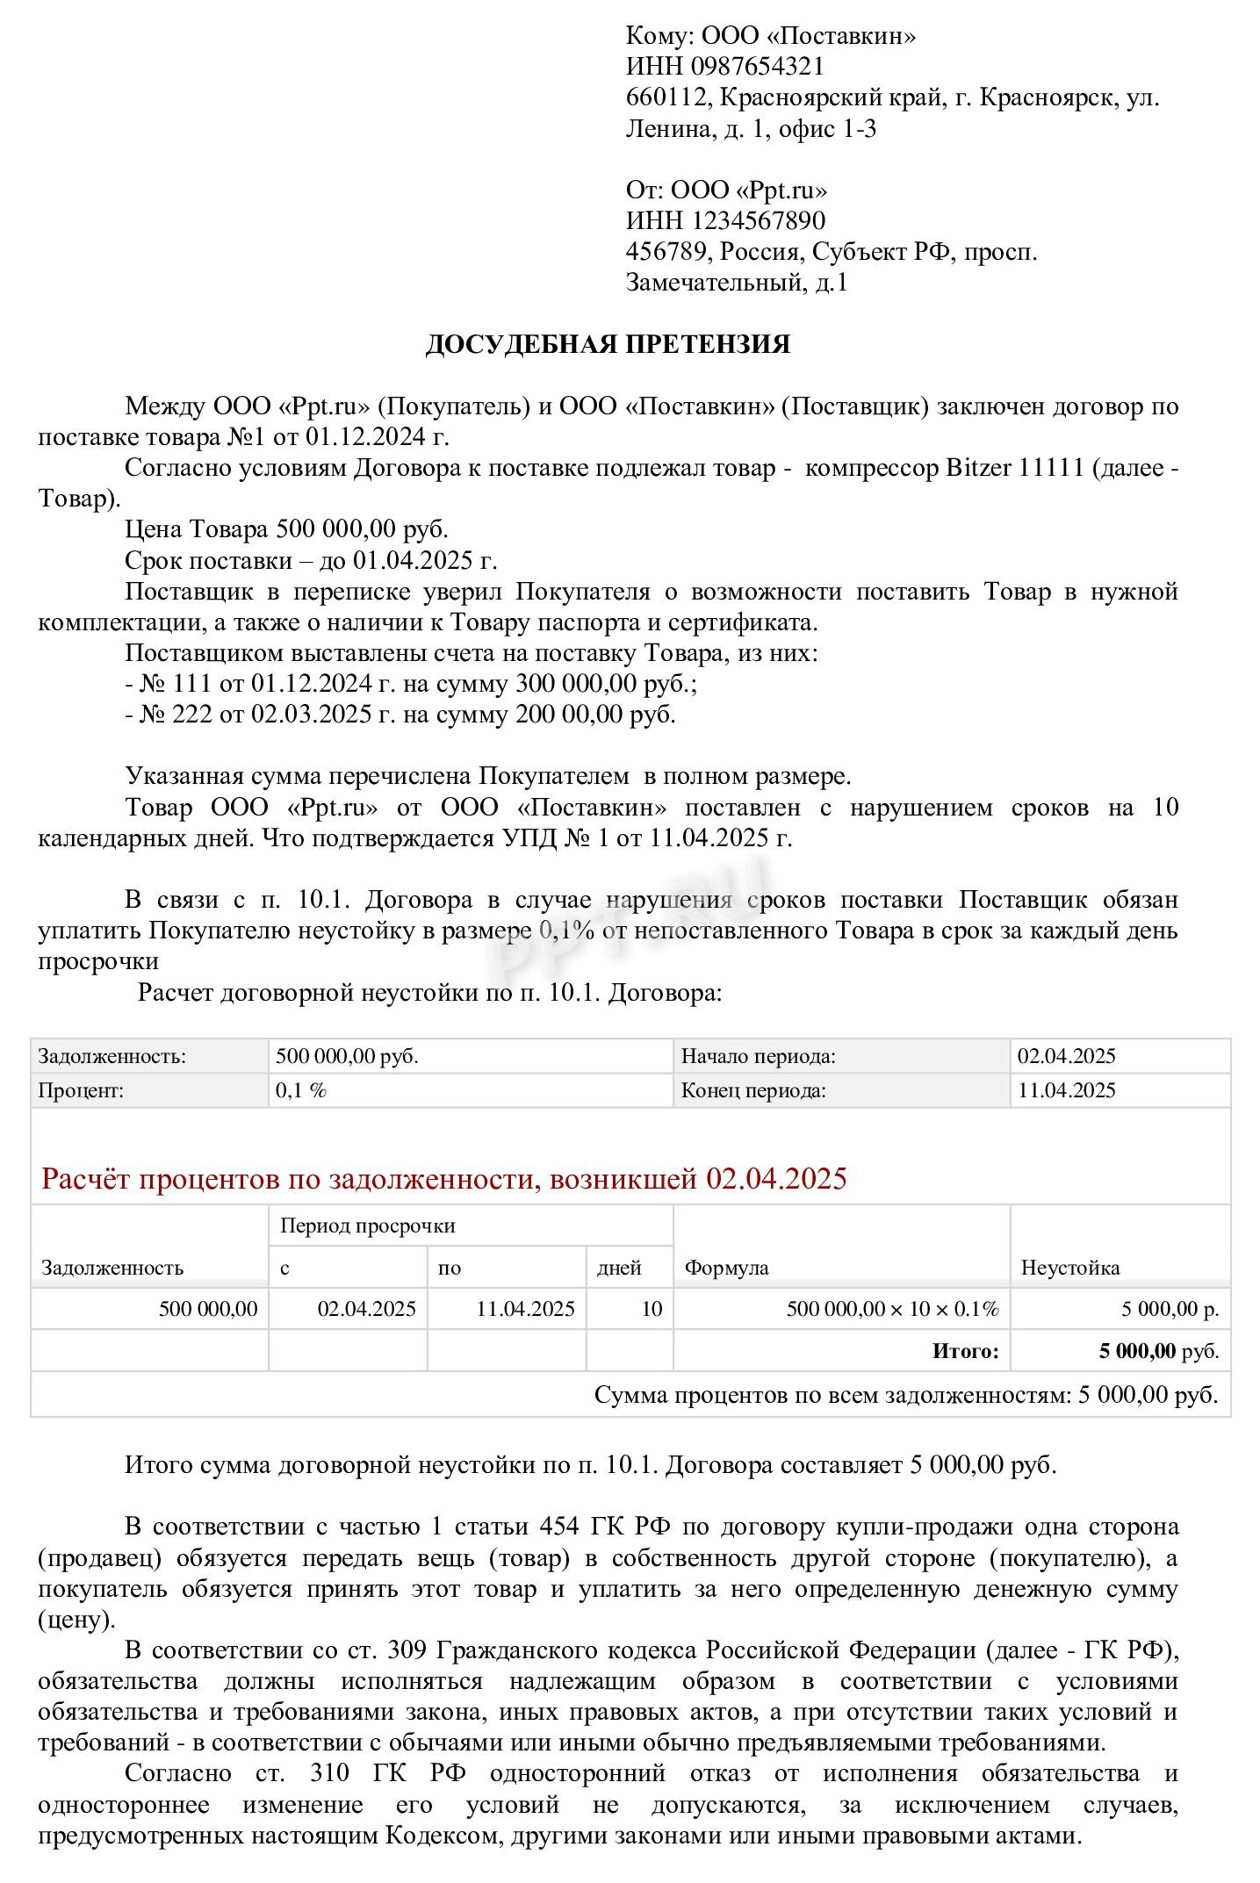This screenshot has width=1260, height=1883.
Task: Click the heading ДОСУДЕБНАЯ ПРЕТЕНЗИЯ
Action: coord(608,344)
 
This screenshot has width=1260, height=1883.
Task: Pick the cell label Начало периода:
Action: coord(758,1056)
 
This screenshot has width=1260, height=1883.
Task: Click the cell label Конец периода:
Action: coord(753,1090)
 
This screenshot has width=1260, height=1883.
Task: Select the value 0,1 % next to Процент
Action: coord(300,1090)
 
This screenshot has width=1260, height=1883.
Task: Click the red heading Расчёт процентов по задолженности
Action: coord(443,1178)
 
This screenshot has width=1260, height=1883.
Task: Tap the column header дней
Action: coord(619,1268)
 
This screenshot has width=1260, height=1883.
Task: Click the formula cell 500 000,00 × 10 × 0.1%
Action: coord(892,1309)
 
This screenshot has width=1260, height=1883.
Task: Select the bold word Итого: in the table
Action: coord(965,1351)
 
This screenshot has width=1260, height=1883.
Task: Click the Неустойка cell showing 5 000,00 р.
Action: coord(1169,1309)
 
